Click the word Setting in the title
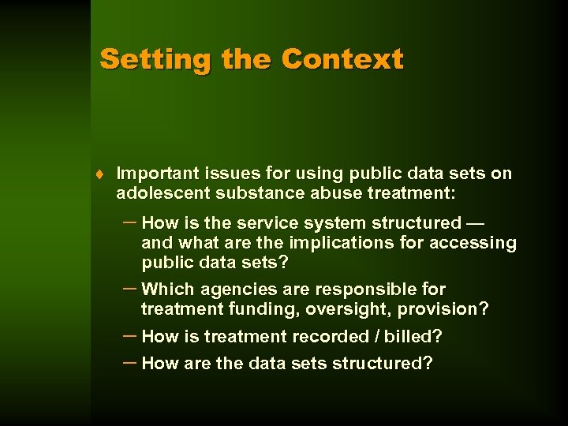[x=155, y=59]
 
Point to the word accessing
[x=472, y=243]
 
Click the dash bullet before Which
[x=130, y=288]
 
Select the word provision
[x=443, y=309]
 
